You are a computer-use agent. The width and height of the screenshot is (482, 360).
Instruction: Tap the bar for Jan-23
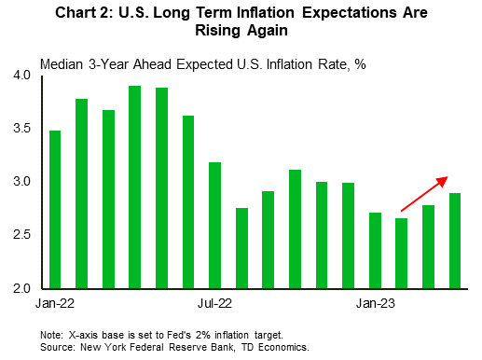click(375, 249)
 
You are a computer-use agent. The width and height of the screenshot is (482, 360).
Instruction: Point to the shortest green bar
click(402, 252)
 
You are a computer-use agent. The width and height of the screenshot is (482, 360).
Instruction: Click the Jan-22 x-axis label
click(55, 303)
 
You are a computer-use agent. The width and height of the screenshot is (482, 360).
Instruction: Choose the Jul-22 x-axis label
click(214, 303)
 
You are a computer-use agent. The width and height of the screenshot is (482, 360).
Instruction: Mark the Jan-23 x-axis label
click(375, 303)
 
